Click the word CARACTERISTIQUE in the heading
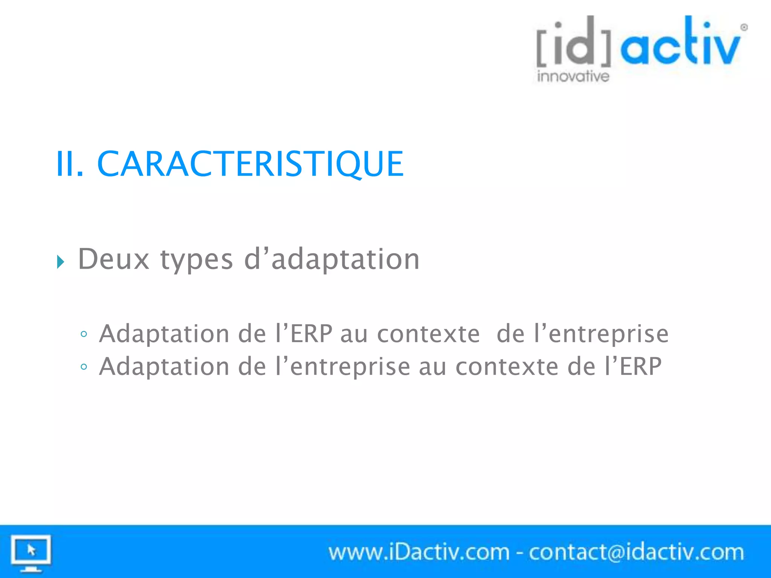(x=250, y=164)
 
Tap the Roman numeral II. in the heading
(x=70, y=164)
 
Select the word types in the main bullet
(x=197, y=260)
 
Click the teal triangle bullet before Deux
(x=61, y=262)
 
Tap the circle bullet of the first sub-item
(x=84, y=334)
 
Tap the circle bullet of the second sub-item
(x=84, y=367)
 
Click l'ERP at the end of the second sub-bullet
(x=633, y=366)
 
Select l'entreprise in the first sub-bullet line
(x=601, y=334)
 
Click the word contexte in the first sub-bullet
(x=428, y=334)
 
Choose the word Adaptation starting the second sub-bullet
(x=164, y=367)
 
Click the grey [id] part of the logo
(x=574, y=41)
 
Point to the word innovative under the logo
(x=573, y=76)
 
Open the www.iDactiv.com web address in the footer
(x=419, y=552)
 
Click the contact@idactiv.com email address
(x=636, y=552)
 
